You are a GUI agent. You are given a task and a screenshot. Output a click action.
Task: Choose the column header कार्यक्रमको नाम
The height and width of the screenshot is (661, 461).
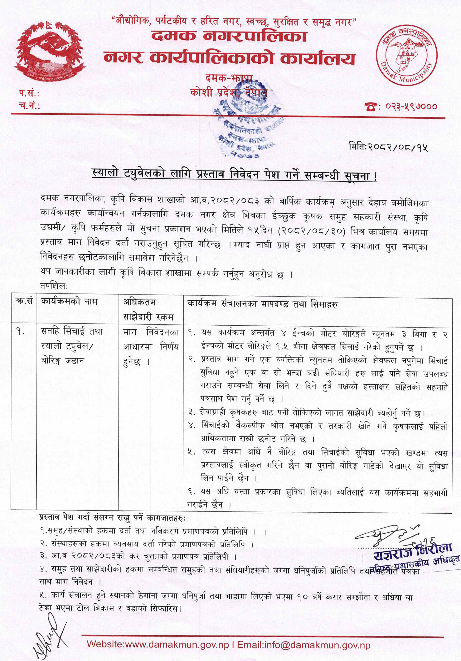(x=69, y=301)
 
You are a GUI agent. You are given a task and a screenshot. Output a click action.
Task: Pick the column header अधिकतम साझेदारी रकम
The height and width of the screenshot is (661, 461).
(x=148, y=309)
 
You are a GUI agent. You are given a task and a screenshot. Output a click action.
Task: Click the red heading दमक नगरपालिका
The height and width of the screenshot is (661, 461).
(x=229, y=37)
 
